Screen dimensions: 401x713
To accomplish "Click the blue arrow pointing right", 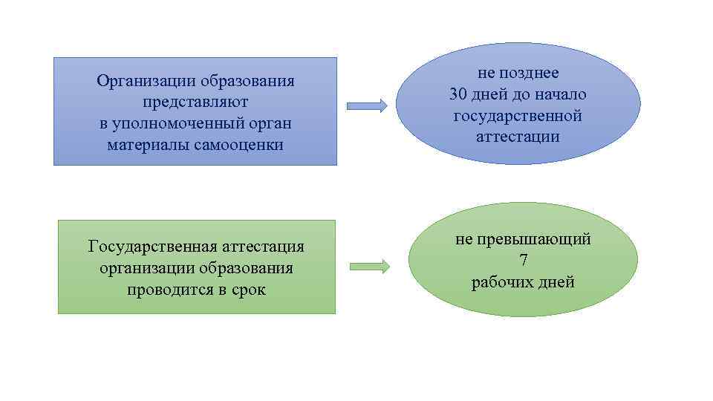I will tap(367, 106).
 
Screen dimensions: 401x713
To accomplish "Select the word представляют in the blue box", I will tap(195, 102).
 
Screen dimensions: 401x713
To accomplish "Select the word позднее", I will tap(530, 73).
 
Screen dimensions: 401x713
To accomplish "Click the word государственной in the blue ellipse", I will tap(518, 116).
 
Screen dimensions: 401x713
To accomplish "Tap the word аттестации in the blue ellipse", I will tap(518, 137).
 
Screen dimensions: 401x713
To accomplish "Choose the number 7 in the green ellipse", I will tap(523, 261).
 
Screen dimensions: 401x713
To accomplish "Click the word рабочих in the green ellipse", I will tap(504, 282).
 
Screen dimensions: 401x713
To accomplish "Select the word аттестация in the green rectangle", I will tap(254, 246).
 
